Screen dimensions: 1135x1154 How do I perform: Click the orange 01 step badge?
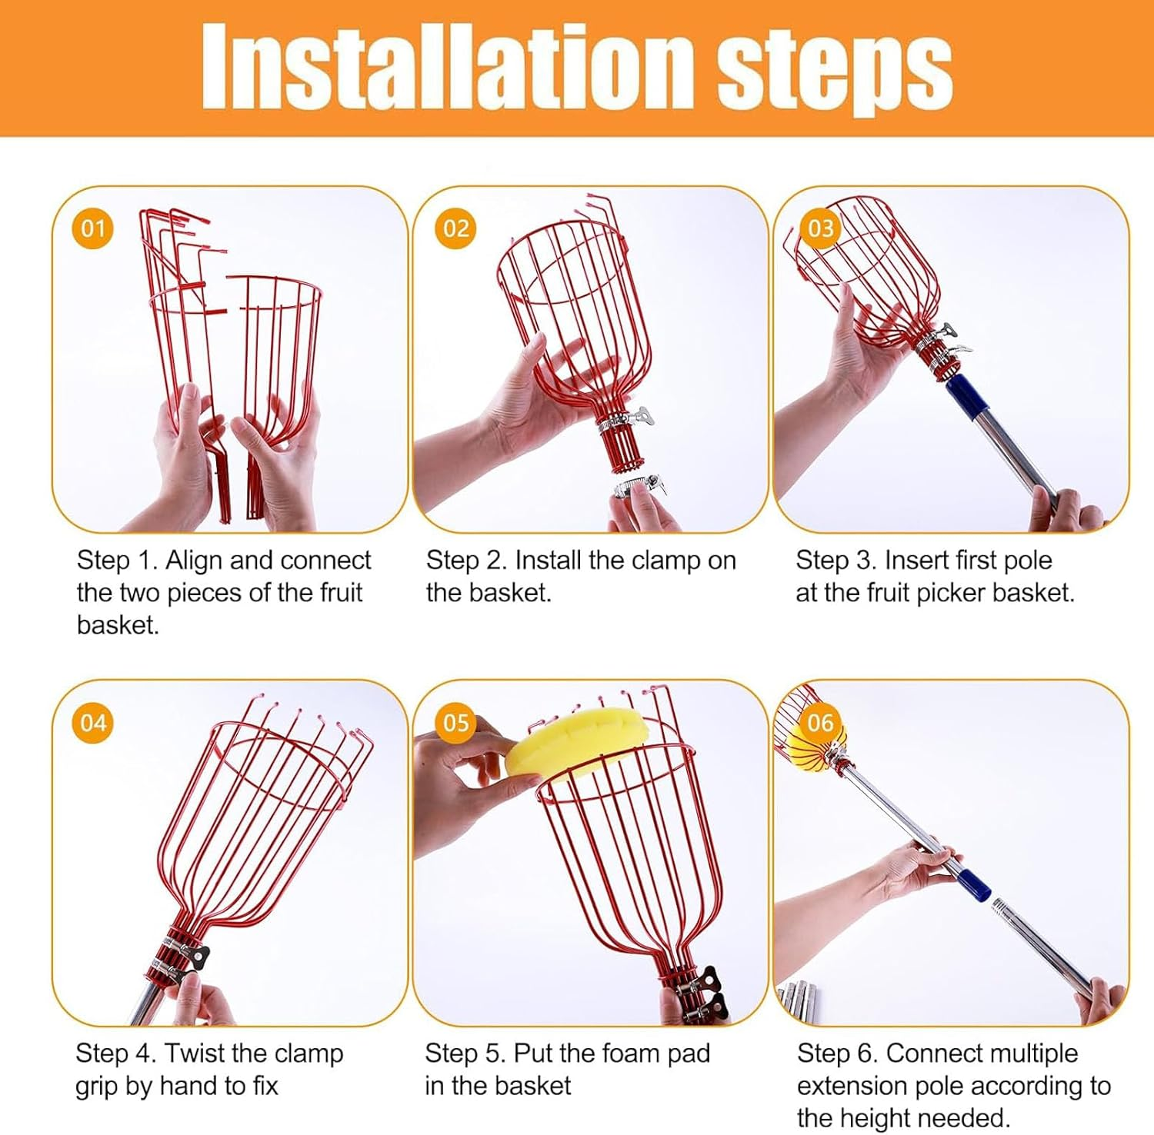pyautogui.click(x=93, y=228)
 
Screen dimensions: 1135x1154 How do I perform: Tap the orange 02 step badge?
pyautogui.click(x=456, y=228)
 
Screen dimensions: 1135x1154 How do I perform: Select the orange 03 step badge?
pyautogui.click(x=820, y=228)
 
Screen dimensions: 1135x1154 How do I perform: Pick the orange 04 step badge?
pyautogui.click(x=93, y=723)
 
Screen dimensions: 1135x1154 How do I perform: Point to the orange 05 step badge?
pyautogui.click(x=456, y=723)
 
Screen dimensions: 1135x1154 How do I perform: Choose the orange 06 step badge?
pyautogui.click(x=820, y=723)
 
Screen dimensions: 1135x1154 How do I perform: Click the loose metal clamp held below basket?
pyautogui.click(x=639, y=487)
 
